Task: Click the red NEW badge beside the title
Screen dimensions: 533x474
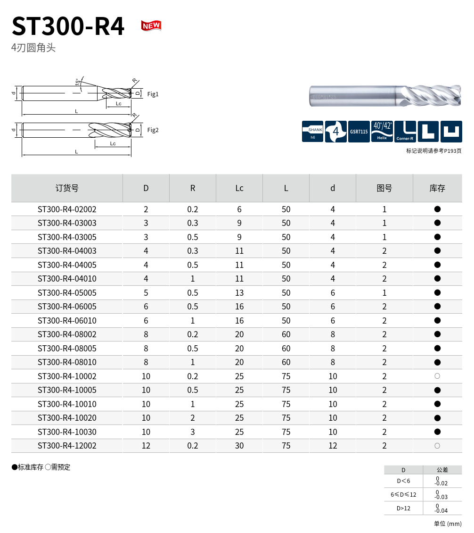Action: [x=151, y=25]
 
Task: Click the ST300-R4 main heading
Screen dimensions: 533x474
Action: [x=68, y=26]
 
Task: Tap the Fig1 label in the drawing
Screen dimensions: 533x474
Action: [x=153, y=94]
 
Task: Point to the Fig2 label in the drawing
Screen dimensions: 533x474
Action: [x=153, y=130]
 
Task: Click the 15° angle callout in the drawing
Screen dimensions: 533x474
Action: [x=77, y=82]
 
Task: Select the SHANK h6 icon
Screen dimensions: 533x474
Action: [x=312, y=131]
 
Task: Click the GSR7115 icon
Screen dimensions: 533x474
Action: [x=359, y=131]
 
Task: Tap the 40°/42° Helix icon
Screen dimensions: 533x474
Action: [x=382, y=131]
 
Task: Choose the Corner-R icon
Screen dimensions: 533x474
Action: [x=405, y=131]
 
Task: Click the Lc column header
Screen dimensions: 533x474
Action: [x=239, y=188]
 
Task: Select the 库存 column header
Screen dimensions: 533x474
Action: [x=437, y=188]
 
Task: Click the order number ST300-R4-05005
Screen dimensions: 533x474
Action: [x=67, y=293]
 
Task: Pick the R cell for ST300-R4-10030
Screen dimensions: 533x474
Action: [x=193, y=432]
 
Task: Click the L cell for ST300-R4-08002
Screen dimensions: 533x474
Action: [x=286, y=334]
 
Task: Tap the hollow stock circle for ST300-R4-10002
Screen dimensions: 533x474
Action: [x=437, y=376]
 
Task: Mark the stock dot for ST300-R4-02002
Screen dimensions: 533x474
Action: [x=437, y=209]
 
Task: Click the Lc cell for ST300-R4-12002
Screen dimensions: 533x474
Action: [x=239, y=446]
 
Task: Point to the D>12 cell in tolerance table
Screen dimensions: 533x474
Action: [x=403, y=508]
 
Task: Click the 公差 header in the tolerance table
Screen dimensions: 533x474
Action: [x=442, y=470]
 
